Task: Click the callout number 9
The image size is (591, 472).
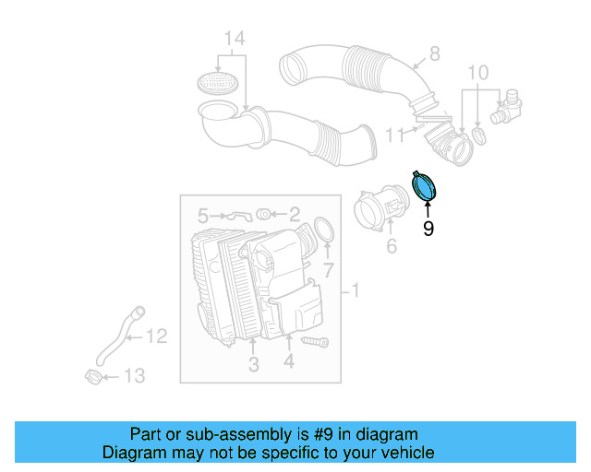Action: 428,228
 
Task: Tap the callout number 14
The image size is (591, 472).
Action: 235,39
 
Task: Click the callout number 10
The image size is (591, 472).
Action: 477,73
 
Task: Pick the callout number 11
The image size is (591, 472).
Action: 392,135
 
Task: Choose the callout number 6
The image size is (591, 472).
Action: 391,245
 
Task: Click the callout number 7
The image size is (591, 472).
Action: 327,270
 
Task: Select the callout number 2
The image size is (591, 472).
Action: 295,215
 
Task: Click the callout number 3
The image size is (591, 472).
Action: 253,365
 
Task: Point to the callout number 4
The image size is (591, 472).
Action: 289,363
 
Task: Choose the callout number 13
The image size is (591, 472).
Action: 135,376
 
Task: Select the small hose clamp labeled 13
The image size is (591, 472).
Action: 93,376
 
